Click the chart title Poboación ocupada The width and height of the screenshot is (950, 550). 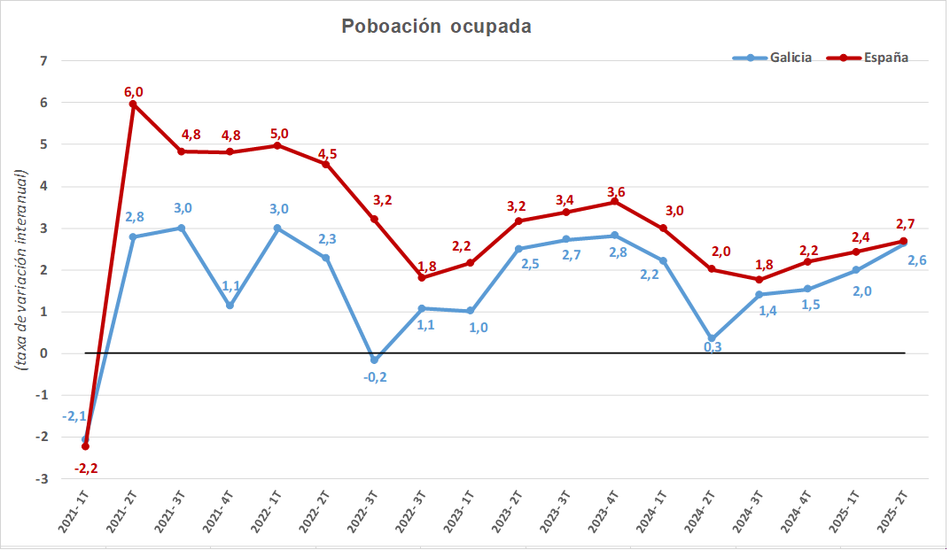(436, 27)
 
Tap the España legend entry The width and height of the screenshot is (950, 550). (868, 58)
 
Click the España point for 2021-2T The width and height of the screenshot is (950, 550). (133, 105)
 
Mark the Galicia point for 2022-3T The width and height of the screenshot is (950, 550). (374, 360)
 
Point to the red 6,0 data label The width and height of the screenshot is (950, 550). (133, 90)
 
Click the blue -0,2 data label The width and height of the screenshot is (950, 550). (376, 376)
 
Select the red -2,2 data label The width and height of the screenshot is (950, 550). (86, 469)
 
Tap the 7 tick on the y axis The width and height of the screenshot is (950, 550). (42, 61)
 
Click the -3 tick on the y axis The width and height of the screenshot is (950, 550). (40, 479)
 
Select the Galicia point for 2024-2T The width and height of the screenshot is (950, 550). (712, 338)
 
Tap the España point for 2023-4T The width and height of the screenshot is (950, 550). (615, 202)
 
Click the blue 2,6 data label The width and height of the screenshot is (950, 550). (917, 260)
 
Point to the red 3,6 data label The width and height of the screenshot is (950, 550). (616, 191)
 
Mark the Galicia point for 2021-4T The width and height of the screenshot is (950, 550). (230, 306)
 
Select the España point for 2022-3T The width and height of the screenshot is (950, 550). (374, 219)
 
